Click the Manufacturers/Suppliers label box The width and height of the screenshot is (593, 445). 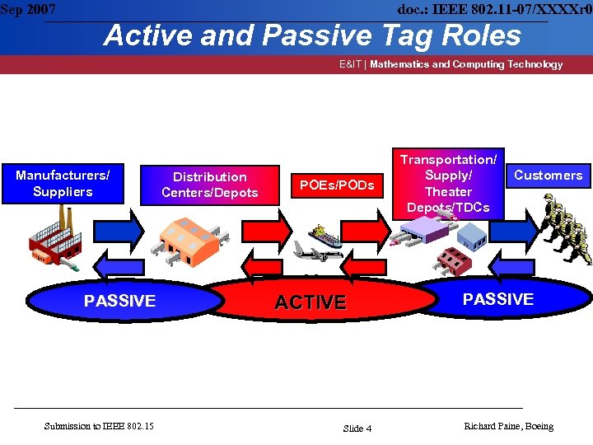63,183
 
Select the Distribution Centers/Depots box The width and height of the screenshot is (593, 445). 210,185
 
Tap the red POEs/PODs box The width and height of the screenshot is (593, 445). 337,185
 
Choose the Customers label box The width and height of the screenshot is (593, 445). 548,175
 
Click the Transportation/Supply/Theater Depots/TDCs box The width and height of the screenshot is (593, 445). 448,183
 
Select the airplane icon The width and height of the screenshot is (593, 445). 317,254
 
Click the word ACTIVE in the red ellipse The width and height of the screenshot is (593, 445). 310,302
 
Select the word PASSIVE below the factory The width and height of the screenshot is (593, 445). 119,301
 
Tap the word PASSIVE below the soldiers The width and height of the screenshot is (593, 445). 497,299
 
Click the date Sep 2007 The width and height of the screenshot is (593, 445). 29,10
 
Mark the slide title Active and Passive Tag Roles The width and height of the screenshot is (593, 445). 312,35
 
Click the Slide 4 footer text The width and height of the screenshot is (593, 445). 357,428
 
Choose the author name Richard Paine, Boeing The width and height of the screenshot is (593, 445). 508,426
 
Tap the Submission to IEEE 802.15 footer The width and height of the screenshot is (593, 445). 99,425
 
